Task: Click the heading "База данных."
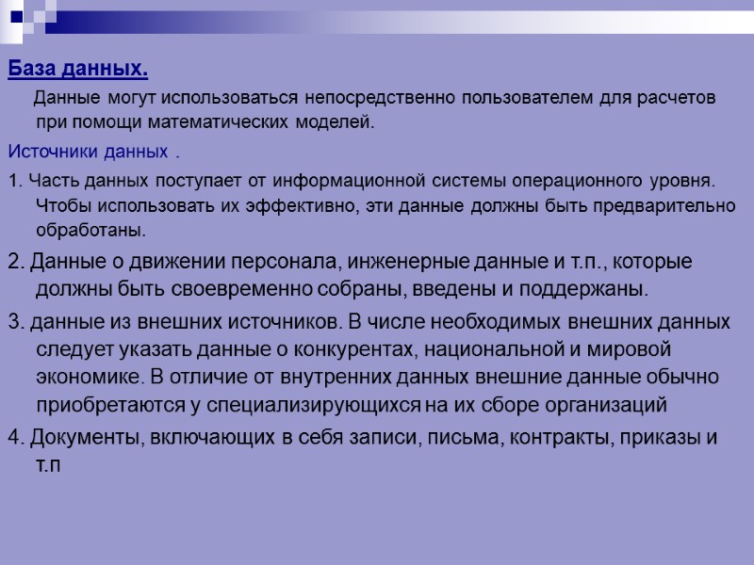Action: (x=78, y=70)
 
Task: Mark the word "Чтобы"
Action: (x=58, y=205)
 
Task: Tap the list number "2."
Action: (x=15, y=261)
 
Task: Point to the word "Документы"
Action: (x=72, y=438)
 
